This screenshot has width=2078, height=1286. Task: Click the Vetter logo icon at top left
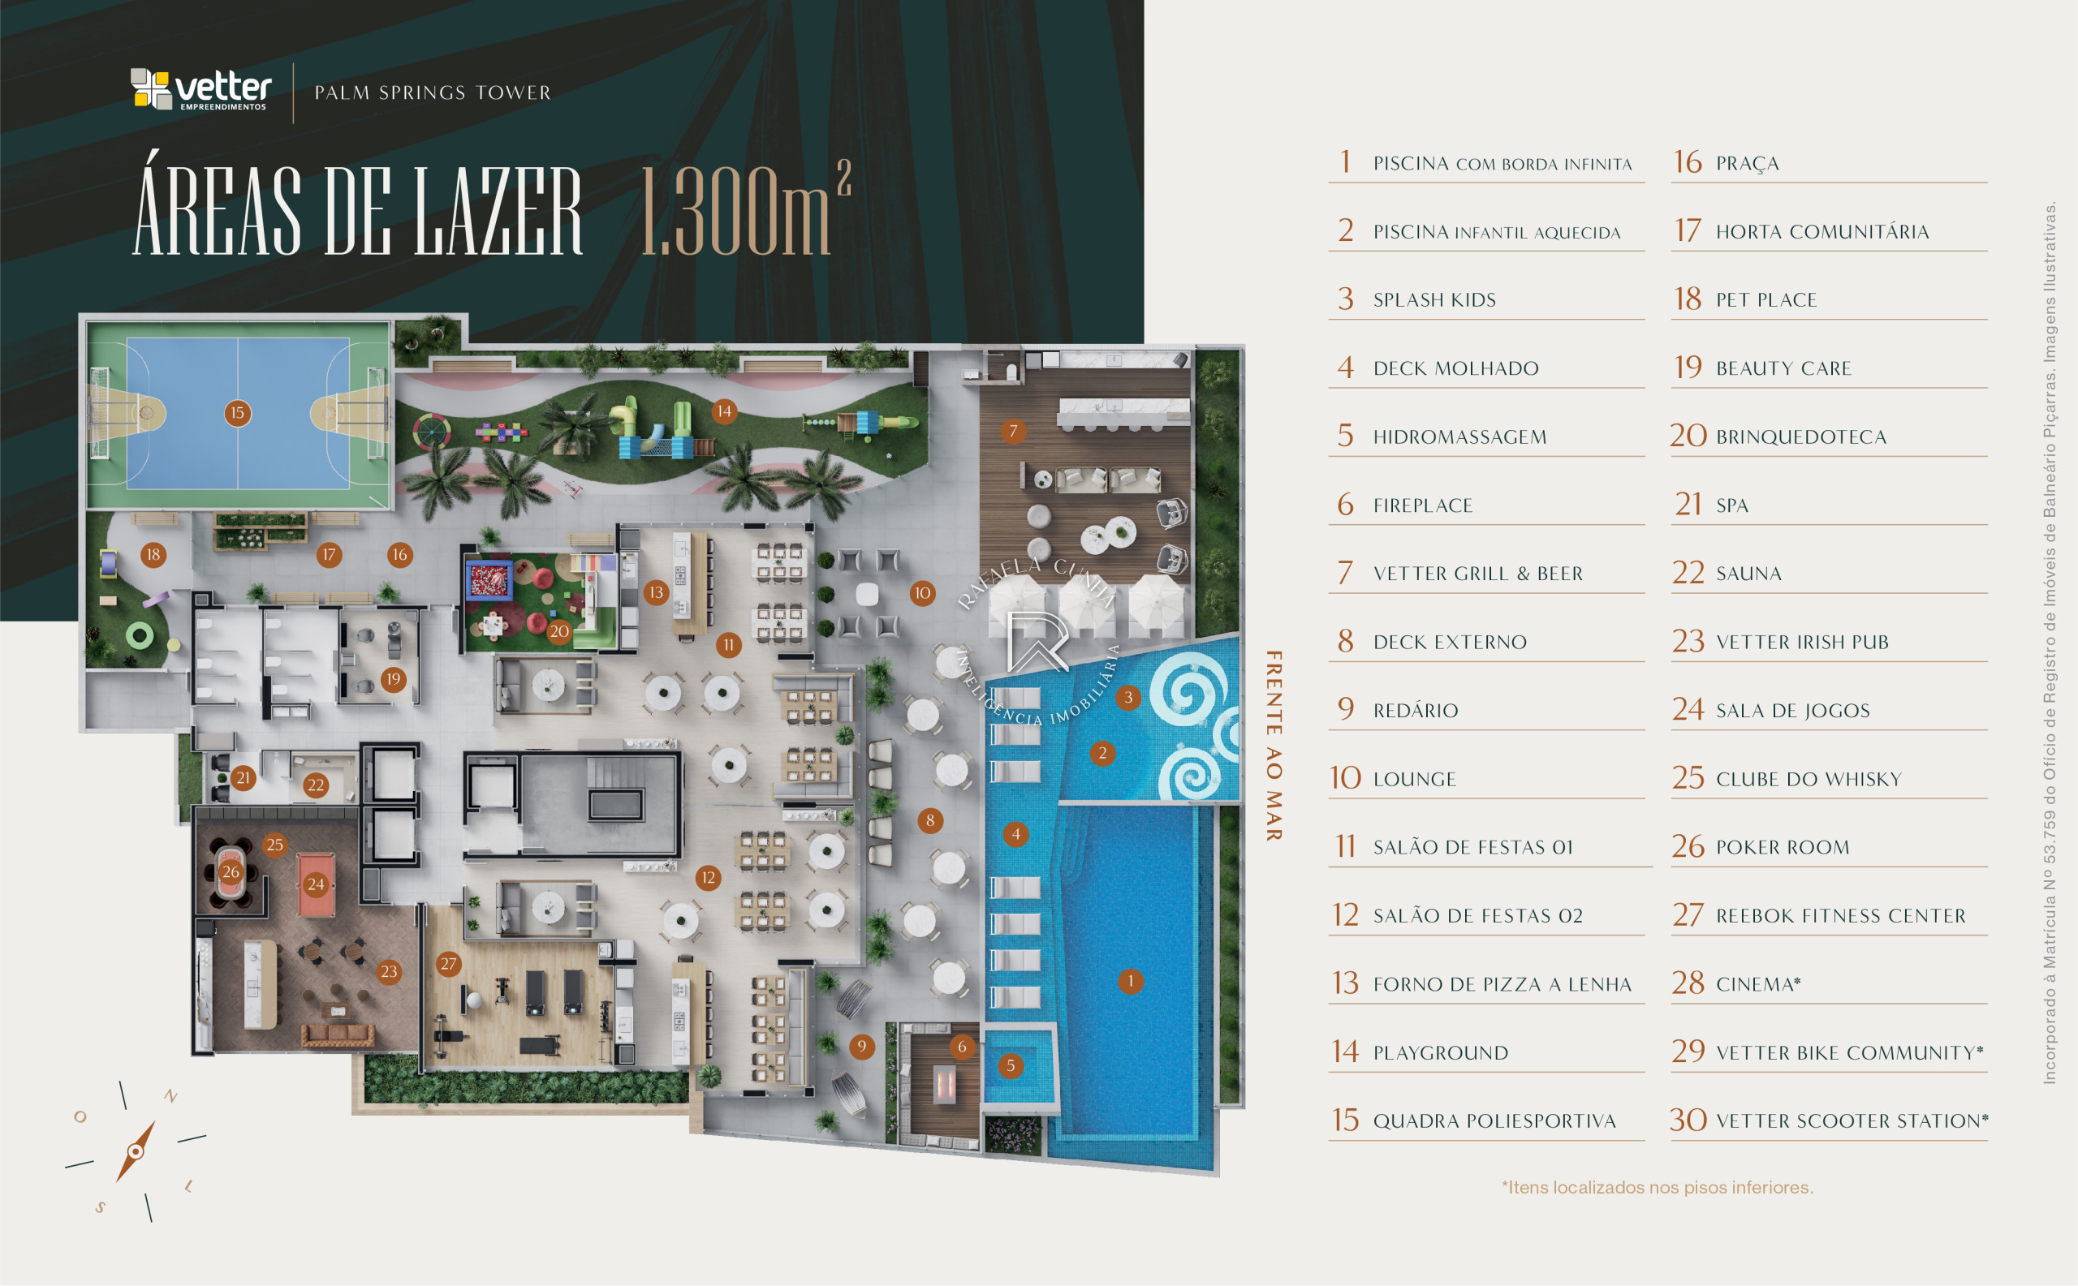(x=151, y=88)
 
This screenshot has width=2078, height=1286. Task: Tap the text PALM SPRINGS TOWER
(x=433, y=92)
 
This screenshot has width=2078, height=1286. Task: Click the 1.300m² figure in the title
(x=745, y=209)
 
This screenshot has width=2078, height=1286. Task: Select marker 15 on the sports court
(x=237, y=413)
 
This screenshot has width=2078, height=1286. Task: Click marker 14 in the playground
(x=724, y=411)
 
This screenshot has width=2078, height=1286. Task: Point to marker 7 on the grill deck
(x=1013, y=431)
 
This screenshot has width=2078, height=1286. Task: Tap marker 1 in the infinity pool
(x=1130, y=982)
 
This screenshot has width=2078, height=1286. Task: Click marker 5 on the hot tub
(x=1011, y=1065)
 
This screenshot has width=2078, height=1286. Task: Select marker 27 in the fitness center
(x=448, y=964)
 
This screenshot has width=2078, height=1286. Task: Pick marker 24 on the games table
(x=316, y=884)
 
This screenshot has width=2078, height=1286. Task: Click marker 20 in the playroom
(x=559, y=632)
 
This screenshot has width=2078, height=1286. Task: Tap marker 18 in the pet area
(x=153, y=554)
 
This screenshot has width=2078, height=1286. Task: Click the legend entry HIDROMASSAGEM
(x=1460, y=437)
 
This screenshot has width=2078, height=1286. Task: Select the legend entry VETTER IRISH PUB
(x=1802, y=642)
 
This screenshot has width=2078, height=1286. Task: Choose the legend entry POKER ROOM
(x=1783, y=847)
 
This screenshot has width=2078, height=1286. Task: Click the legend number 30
(x=1688, y=1120)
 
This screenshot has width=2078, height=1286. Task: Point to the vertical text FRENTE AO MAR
(x=1273, y=746)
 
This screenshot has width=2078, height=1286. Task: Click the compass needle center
(x=135, y=1152)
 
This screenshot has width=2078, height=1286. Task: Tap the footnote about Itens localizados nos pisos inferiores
(x=1658, y=1187)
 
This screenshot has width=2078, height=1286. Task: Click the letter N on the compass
(x=171, y=1095)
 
